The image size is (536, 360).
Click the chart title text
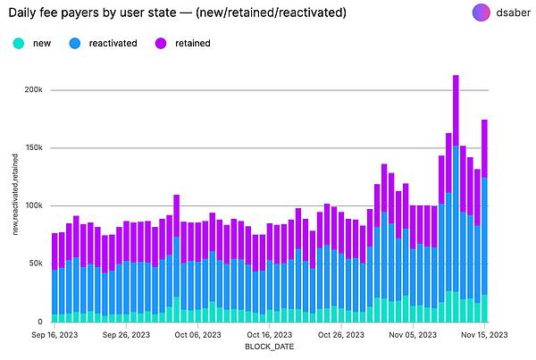coord(170,13)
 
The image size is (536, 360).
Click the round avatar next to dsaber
coord(481,13)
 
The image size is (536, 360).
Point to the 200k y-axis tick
coord(33,90)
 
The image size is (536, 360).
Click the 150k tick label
coord(33,147)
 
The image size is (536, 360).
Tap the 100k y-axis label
coord(33,205)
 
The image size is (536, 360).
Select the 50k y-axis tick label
coord(36,264)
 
